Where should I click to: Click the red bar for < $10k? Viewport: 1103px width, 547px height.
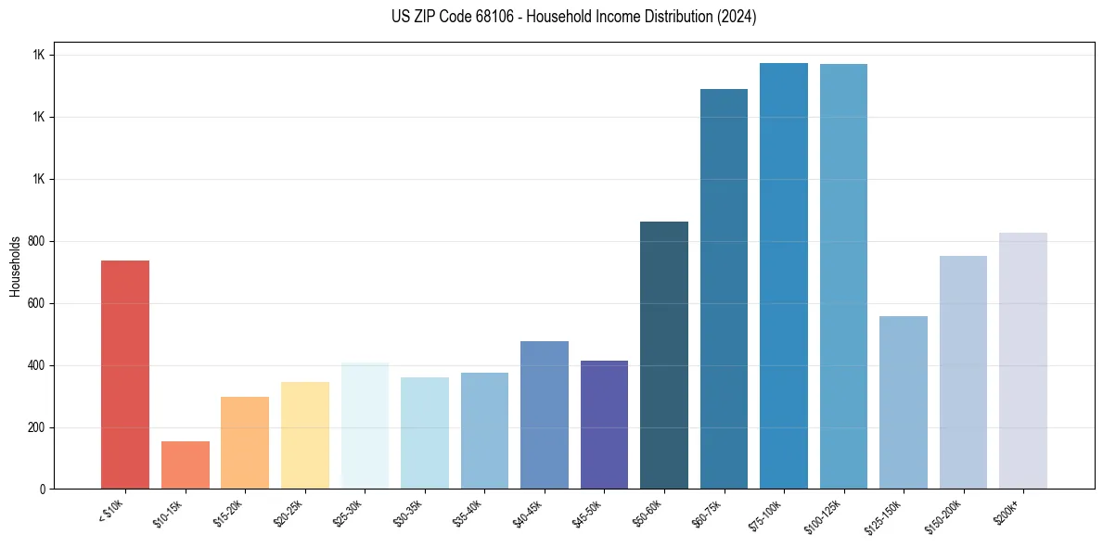point(124,375)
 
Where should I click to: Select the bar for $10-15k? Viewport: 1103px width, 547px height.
point(185,465)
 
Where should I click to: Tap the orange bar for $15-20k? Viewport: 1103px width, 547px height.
point(245,443)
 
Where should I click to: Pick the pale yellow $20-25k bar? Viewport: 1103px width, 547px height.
point(304,436)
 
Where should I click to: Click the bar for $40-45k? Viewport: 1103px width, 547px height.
point(544,415)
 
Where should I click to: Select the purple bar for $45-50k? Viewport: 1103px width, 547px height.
point(604,425)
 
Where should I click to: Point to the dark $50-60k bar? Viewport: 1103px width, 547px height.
point(664,355)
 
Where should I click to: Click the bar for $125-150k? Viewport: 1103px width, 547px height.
point(903,402)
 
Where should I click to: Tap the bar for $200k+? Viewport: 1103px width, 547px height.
point(1022,361)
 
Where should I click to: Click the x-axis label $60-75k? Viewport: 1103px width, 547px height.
point(707,512)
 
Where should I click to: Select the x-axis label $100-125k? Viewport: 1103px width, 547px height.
point(825,514)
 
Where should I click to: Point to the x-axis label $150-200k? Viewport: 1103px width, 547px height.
point(944,514)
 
